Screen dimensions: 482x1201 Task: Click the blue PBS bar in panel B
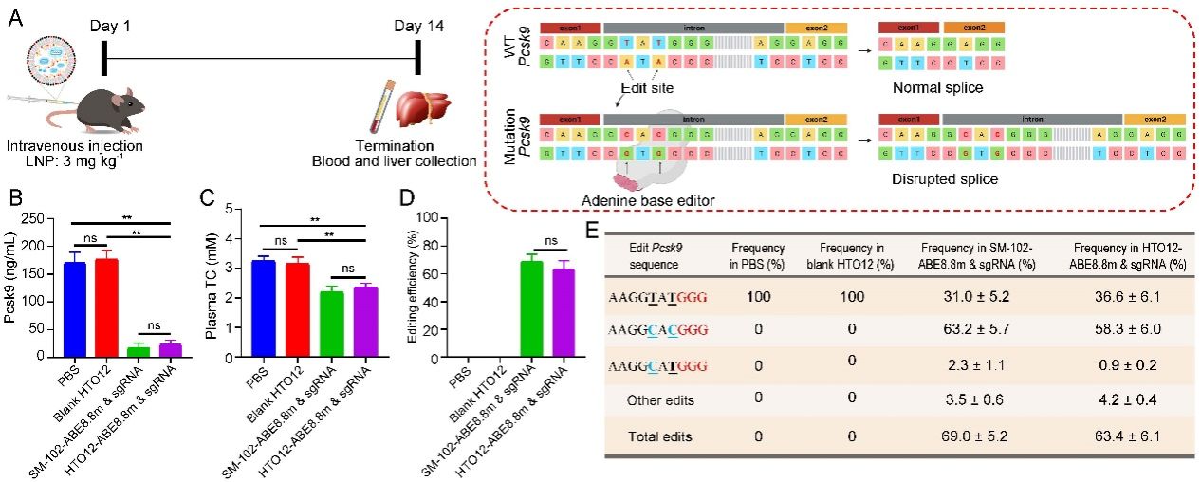tap(74, 309)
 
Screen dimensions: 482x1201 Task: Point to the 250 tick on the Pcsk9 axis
tap(42, 218)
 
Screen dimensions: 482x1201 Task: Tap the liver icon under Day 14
tap(419, 104)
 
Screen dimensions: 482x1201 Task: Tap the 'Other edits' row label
tap(658, 400)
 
